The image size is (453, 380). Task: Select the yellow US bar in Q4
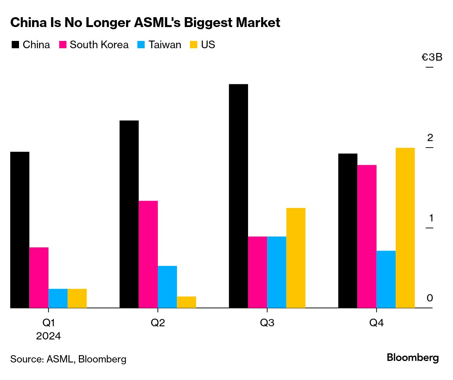point(405,228)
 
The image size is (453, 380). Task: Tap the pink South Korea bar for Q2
point(148,254)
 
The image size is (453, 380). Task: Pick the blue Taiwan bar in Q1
point(58,299)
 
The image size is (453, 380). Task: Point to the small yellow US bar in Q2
point(186,302)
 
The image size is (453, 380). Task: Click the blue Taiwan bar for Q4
point(386,280)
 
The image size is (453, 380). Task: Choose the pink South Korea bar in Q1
point(39,278)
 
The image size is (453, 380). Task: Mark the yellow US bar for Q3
point(296,258)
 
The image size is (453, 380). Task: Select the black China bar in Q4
point(348,231)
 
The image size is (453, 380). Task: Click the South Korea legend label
point(99,45)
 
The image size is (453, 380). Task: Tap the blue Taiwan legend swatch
point(141,45)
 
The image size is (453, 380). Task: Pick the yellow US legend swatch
point(194,45)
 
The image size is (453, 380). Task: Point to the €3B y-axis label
point(432,57)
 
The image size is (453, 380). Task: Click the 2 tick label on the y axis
point(430,138)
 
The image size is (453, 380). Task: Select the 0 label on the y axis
point(430,298)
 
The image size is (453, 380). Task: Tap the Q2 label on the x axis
point(158,323)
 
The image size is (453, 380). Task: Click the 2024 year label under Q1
point(49,336)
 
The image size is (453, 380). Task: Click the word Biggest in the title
point(208,23)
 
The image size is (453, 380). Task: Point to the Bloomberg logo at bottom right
point(413,357)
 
